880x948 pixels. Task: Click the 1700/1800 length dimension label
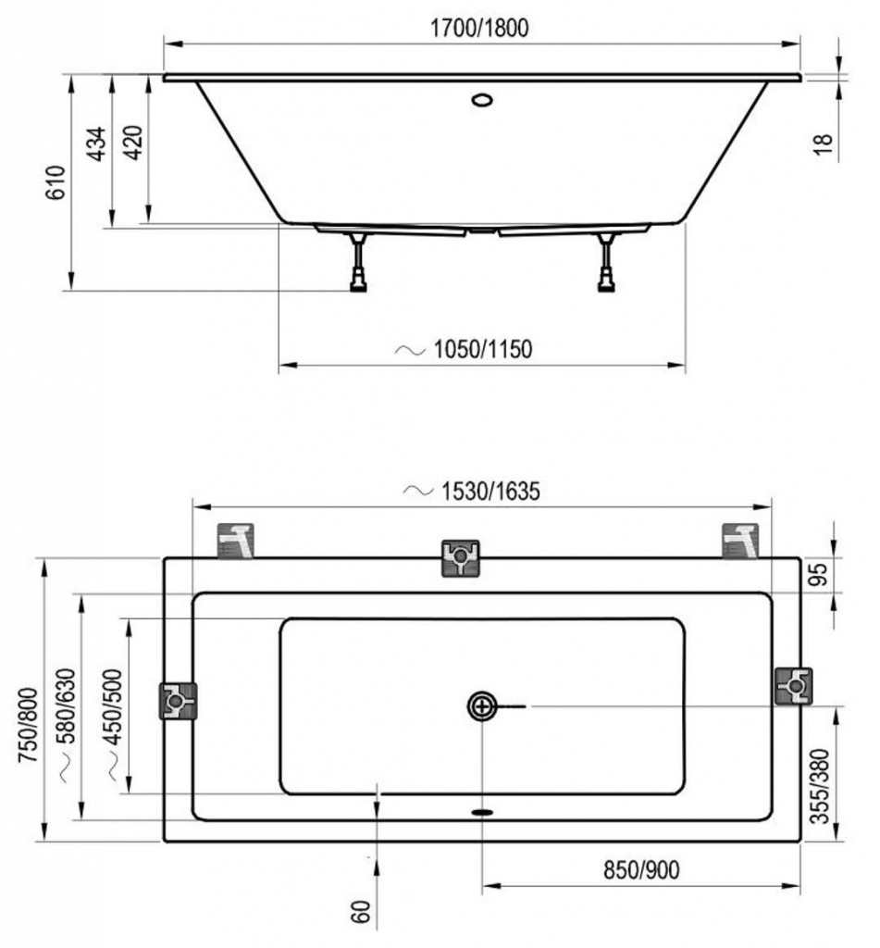coord(478,28)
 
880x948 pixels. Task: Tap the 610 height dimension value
coord(56,182)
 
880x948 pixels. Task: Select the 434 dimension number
coord(97,143)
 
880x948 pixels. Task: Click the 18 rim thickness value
coord(824,143)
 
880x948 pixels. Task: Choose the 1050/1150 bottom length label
coord(483,349)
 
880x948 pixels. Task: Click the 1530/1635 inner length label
coord(490,491)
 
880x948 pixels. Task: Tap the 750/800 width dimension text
coord(29,726)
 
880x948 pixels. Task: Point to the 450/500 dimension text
coord(113,706)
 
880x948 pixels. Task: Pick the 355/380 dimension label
coord(820,786)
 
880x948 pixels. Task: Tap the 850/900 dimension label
coord(641,869)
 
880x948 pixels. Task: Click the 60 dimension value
coord(360,912)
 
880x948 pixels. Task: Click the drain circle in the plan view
coord(482,706)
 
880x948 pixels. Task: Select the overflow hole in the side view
coord(482,99)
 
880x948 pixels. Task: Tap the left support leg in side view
coord(358,262)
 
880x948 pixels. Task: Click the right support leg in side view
coord(605,262)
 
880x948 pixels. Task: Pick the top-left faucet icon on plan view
coord(236,541)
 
